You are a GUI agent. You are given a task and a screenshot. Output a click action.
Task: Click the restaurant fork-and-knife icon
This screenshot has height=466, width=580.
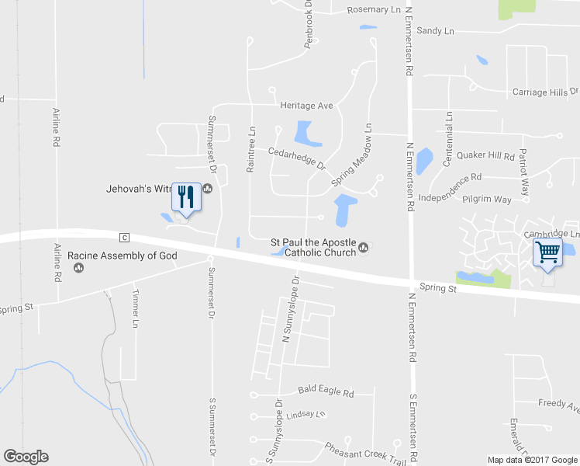click(185, 196)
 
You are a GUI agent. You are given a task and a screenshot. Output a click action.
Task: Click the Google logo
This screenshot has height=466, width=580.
click(26, 457)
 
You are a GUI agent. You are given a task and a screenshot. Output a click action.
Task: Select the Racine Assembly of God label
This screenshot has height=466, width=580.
click(123, 256)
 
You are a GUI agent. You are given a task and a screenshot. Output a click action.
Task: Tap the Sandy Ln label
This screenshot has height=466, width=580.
click(435, 31)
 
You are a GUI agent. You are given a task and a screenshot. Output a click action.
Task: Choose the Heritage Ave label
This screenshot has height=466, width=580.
click(306, 105)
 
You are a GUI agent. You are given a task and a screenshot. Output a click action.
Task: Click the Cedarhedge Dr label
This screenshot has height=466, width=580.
click(296, 158)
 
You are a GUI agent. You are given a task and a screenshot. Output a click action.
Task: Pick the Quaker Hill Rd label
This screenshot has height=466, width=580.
click(486, 155)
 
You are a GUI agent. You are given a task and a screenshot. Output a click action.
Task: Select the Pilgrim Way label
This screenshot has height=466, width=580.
click(486, 200)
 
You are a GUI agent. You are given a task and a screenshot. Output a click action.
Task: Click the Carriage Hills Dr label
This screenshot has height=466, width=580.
click(545, 92)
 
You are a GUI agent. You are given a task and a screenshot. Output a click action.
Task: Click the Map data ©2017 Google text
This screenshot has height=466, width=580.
click(531, 460)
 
